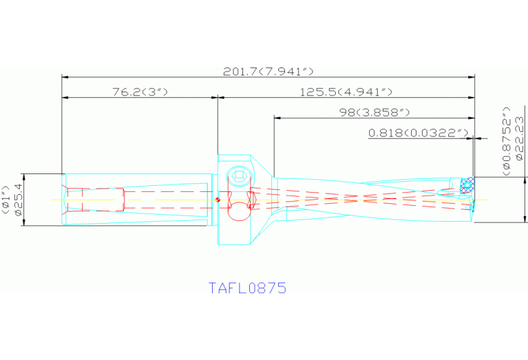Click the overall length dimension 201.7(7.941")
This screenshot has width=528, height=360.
tap(268, 72)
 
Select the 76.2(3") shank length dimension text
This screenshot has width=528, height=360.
tap(140, 92)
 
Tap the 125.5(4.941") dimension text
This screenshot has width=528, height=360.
tap(346, 92)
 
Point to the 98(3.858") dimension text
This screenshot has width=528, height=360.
tap(374, 111)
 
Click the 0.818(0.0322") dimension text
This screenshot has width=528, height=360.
tap(419, 132)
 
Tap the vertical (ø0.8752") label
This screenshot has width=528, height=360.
tap(506, 138)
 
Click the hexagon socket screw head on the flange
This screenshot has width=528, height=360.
tap(239, 177)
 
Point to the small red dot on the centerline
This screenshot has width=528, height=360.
tap(218, 200)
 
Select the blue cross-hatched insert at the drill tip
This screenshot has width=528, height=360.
tap(467, 184)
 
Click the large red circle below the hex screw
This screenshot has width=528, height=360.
tap(238, 211)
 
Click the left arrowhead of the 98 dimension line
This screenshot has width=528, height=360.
tap(277, 117)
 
